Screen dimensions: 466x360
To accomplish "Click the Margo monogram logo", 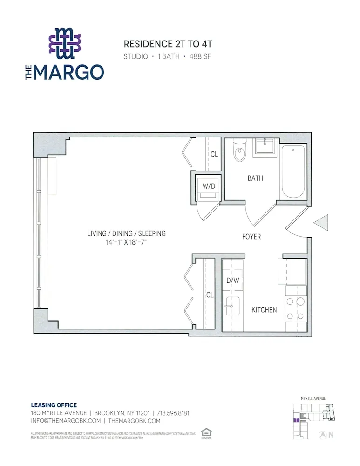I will point(65,43).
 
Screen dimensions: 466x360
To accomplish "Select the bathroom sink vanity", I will point(266,148).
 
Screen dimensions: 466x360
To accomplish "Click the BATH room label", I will point(255,178).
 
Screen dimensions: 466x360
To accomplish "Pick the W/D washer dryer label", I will point(209,186).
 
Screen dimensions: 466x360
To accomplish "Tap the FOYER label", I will point(251,237).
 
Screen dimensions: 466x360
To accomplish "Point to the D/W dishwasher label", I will point(232,281).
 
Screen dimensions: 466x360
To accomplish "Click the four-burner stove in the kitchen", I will point(296,308).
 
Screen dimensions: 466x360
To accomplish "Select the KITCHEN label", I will point(264,310).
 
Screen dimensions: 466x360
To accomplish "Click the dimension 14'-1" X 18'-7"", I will point(126,243).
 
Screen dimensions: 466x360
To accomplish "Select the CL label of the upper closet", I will point(214,154).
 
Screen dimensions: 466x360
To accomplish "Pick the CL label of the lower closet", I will point(210,295).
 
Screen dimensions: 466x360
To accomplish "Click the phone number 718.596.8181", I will point(173,413).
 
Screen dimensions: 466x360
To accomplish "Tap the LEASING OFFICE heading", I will point(54,405).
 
